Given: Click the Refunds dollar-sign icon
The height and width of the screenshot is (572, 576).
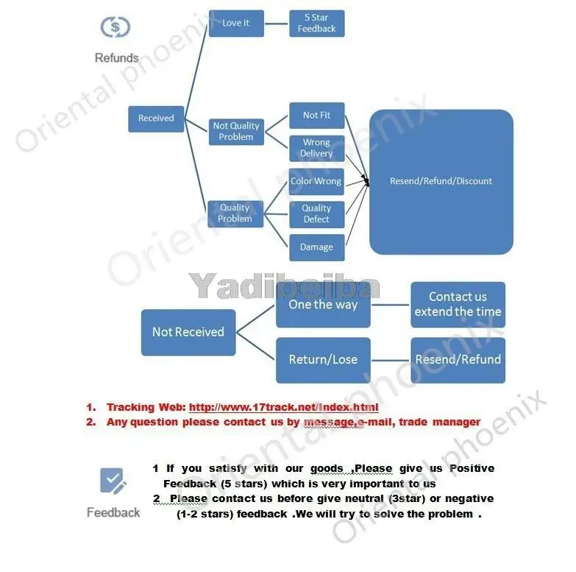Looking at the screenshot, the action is [115, 27].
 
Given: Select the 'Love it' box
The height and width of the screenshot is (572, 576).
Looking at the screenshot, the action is [236, 23].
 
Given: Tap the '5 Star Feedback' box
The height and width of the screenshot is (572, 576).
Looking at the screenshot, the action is [316, 23].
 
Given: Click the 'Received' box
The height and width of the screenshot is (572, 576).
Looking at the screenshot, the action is [156, 118].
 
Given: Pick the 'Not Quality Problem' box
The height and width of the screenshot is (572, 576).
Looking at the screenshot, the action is [236, 131].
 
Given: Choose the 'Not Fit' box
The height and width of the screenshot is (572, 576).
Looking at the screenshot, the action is [316, 116].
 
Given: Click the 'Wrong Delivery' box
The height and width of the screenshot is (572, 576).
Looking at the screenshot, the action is [316, 148].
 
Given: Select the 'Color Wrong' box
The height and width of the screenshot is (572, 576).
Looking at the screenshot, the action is [316, 181].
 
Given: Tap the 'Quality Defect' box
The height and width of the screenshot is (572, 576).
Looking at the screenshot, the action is [316, 213].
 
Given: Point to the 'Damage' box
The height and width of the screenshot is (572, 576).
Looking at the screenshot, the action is [316, 247].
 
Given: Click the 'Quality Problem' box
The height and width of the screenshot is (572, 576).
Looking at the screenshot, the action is [235, 213].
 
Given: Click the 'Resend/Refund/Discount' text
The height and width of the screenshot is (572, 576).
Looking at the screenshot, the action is [441, 181].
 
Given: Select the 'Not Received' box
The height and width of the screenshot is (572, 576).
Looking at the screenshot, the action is [188, 332].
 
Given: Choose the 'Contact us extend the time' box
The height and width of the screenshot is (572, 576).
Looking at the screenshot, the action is [458, 304].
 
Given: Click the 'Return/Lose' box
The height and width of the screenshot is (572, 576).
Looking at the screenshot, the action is [323, 360].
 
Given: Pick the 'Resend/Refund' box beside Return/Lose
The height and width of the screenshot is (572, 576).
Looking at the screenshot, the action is [458, 360].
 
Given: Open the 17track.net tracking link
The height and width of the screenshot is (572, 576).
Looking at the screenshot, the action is [284, 407].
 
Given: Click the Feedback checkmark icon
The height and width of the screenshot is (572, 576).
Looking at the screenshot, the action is [113, 482].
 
